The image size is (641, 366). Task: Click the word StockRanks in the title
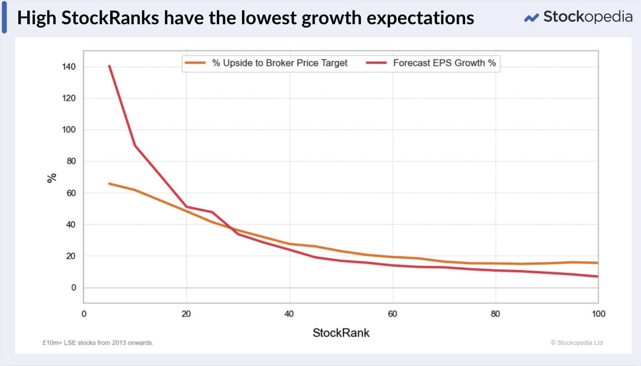[x=110, y=18]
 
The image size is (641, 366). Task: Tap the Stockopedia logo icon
[x=531, y=18]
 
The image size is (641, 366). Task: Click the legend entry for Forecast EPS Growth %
[x=431, y=63]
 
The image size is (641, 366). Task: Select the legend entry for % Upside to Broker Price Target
[x=266, y=63]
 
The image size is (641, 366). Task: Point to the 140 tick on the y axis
[x=69, y=67]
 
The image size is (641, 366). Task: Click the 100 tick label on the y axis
[x=69, y=130]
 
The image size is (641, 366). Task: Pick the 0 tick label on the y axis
[x=74, y=287]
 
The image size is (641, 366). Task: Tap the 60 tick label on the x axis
[x=392, y=314]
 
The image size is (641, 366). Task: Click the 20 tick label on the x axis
[x=186, y=314]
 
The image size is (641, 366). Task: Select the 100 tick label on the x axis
[x=599, y=314]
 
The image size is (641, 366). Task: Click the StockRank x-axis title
[x=341, y=333]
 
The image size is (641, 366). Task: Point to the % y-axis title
[x=52, y=178]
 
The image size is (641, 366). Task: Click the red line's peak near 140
[x=109, y=66]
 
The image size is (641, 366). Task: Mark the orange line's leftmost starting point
[x=109, y=183]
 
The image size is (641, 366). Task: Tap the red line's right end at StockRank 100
[x=598, y=276]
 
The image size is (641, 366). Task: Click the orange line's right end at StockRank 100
[x=598, y=263]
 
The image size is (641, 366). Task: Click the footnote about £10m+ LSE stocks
[x=98, y=343]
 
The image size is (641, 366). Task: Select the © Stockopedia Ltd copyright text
[x=577, y=343]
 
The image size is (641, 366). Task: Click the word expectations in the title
[x=420, y=18]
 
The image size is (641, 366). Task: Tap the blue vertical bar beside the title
[x=4, y=17]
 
